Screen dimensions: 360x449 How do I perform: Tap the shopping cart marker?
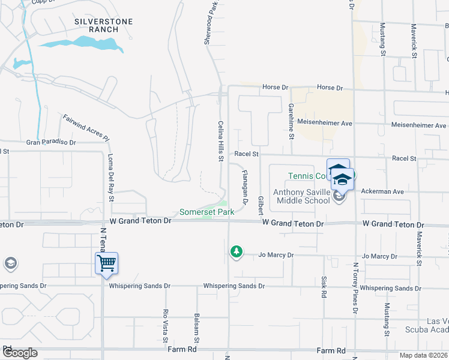[x=107, y=263]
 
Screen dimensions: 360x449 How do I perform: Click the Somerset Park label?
[x=206, y=212]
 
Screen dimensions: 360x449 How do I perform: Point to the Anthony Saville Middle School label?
[x=301, y=196]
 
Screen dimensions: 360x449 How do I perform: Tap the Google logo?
[x=19, y=353]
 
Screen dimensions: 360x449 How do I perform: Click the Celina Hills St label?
[x=220, y=140]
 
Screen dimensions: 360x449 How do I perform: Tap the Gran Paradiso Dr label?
[x=51, y=143]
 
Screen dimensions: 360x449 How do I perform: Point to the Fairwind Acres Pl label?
[x=86, y=127]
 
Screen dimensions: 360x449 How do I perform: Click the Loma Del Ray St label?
[x=111, y=178]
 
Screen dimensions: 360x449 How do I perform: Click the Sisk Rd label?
[x=323, y=287]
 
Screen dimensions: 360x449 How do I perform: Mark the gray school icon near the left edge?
[x=10, y=263]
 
